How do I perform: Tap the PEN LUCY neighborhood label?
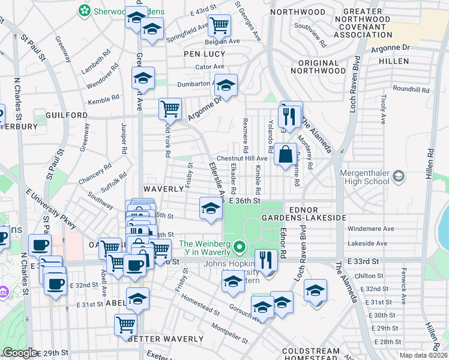204,53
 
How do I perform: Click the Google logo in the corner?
20,353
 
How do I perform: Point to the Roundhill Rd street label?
411,89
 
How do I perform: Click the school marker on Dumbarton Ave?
226,85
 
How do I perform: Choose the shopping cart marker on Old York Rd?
170,109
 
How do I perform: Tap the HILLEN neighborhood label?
393,61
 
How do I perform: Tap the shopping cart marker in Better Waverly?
125,325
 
